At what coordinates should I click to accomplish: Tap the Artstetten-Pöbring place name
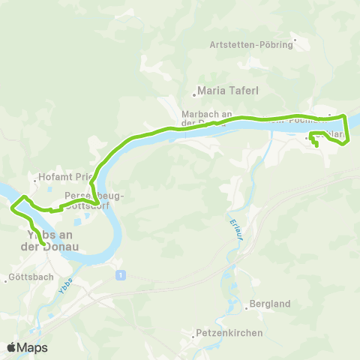coord(250,44)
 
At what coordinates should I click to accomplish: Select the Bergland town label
coord(272,304)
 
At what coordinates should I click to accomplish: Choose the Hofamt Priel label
coord(67,178)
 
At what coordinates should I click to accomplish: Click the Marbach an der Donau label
coord(205,118)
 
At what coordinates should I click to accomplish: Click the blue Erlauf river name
coord(229,223)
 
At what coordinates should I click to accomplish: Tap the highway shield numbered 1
coord(119,276)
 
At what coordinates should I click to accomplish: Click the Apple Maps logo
coord(27,347)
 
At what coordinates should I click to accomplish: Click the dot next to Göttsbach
coord(7,279)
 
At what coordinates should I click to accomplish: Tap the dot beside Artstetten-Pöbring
coord(295,39)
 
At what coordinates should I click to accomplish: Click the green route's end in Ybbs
coord(44,244)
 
